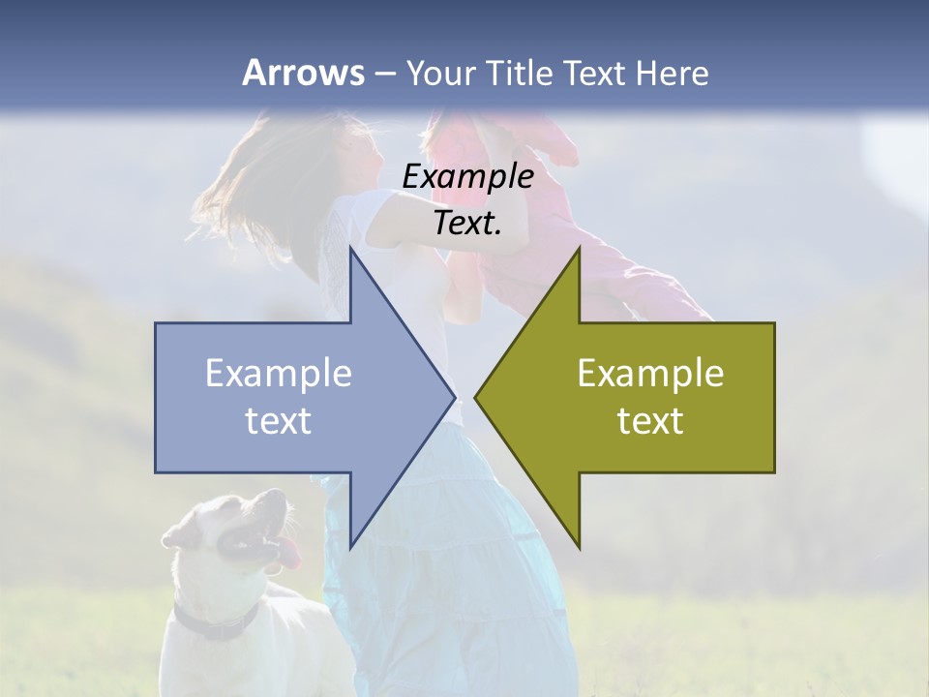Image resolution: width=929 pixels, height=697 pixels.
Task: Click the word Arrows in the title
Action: click(303, 73)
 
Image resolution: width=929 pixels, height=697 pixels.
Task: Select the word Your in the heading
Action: click(439, 73)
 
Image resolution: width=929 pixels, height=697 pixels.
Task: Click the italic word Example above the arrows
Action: click(467, 177)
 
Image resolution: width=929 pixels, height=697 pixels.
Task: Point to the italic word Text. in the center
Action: click(467, 224)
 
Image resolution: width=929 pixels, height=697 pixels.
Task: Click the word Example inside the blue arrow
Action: click(279, 374)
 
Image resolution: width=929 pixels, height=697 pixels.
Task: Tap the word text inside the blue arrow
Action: click(279, 420)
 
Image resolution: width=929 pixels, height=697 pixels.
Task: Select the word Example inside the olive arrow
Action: click(650, 374)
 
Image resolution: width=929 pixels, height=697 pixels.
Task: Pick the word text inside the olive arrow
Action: click(650, 420)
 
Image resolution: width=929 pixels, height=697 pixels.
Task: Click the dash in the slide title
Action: click(384, 73)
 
